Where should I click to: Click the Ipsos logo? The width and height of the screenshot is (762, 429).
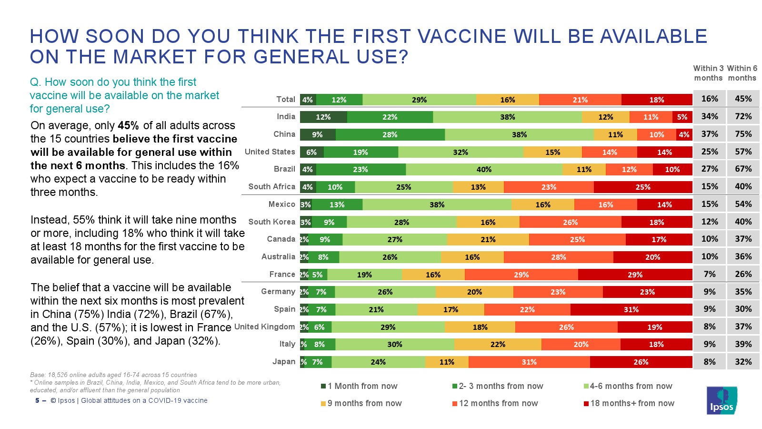pos(722,400)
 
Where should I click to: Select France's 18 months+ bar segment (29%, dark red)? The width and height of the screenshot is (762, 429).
pos(635,275)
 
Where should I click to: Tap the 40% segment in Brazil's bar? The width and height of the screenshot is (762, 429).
pos(484,169)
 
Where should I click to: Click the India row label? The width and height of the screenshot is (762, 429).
pos(286,116)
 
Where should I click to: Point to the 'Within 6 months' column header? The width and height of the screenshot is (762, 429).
pos(742,73)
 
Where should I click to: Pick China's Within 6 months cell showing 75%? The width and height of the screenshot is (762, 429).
pos(743,134)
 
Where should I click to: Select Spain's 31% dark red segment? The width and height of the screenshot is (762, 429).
pos(631,309)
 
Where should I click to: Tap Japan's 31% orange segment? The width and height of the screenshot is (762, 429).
pos(529,362)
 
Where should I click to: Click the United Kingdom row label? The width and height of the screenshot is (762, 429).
pos(265,327)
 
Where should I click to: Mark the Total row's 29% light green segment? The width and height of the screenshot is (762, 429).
pos(419,100)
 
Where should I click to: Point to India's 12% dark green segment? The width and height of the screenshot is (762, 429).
pos(323,117)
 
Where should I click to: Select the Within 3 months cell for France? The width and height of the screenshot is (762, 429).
pos(710,274)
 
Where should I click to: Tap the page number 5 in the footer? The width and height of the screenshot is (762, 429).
pos(37,400)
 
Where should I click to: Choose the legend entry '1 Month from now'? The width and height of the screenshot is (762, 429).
pos(359,386)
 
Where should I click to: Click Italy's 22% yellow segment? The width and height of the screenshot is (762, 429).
pos(498,344)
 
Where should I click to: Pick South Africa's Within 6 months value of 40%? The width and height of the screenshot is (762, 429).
pos(743,186)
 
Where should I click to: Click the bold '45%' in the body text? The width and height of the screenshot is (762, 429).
pos(128,125)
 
